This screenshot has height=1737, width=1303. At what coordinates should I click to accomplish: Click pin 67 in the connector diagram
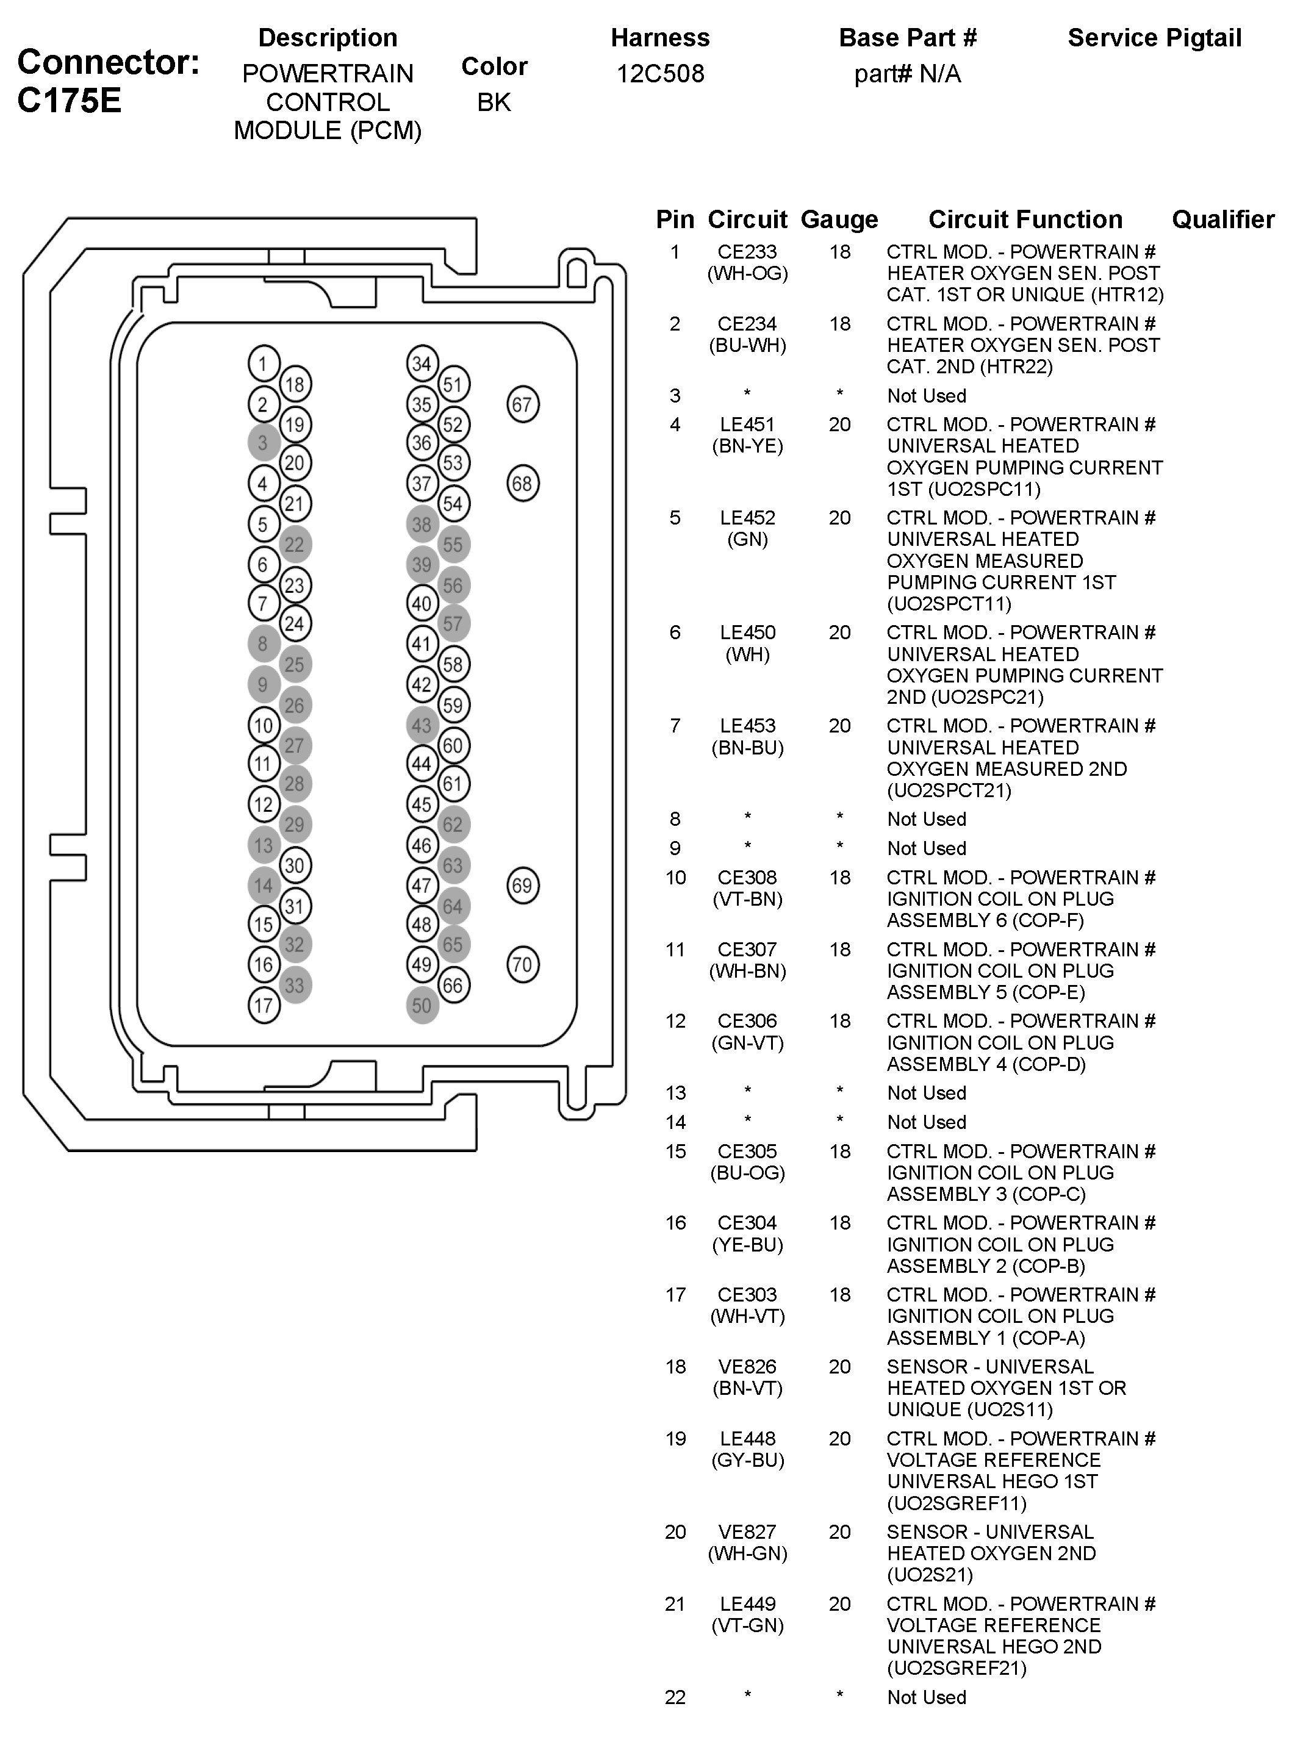tap(522, 404)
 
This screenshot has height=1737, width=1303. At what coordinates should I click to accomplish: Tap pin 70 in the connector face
tap(522, 964)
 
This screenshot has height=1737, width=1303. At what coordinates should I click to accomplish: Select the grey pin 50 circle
tap(422, 1005)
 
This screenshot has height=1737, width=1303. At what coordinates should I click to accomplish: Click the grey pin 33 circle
tap(295, 985)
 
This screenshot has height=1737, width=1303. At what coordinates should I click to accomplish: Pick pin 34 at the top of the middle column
tap(422, 364)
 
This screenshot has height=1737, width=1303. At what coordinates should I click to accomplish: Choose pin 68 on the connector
tap(522, 483)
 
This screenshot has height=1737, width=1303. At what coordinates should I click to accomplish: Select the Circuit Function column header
tap(1025, 219)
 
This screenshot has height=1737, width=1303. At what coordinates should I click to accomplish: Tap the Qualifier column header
tap(1223, 219)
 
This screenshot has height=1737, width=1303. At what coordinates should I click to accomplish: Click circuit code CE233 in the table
tap(747, 252)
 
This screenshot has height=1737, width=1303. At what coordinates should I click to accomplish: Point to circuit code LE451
tap(747, 425)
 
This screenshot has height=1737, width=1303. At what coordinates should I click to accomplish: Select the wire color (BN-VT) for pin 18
tap(747, 1388)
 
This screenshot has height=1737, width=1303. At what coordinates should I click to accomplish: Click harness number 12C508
tap(660, 74)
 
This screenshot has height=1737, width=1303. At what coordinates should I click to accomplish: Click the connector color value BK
tap(494, 102)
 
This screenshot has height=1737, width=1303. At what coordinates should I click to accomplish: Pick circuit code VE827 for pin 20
tap(747, 1532)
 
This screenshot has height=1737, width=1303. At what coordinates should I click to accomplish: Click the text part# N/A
tap(907, 74)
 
